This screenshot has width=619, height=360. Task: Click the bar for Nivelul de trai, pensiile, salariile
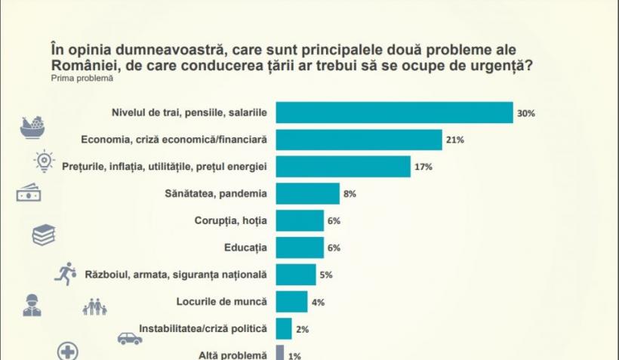[x=394, y=113]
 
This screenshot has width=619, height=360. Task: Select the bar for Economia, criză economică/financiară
[x=359, y=140]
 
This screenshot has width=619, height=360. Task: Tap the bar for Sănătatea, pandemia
[x=307, y=193]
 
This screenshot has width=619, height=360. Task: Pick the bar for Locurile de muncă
[x=291, y=301]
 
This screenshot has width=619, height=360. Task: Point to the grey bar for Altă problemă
[x=279, y=353]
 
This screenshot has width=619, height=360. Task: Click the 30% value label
[x=525, y=113]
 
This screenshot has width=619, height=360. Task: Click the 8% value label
[x=350, y=194]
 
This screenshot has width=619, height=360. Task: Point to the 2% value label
[x=302, y=329]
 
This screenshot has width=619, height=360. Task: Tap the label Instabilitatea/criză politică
[x=204, y=329]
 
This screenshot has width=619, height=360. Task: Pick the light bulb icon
[x=45, y=160]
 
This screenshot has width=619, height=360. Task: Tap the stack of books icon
[x=44, y=235]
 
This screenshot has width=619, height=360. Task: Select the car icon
[x=130, y=339]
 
